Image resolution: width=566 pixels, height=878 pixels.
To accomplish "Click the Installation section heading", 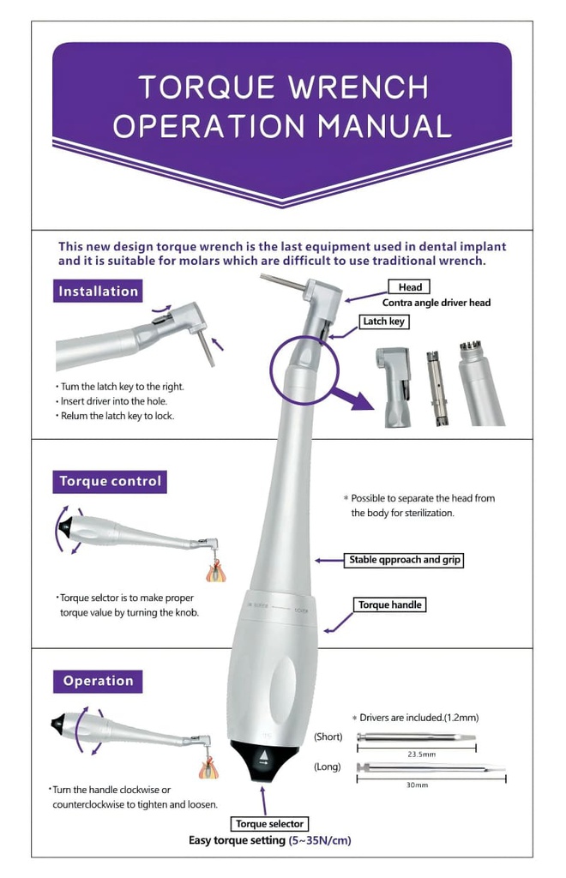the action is point(98,292).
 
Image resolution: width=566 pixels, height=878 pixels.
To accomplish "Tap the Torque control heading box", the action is point(110,482).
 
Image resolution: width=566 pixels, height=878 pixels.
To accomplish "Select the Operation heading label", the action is point(98,682).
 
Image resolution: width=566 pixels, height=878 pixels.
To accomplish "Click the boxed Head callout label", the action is point(410,287).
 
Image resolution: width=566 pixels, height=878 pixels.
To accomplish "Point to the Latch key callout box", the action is point(383,322).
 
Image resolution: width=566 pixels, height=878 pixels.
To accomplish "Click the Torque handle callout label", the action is point(389,604).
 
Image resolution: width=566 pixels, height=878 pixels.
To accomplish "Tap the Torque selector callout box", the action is point(269,824).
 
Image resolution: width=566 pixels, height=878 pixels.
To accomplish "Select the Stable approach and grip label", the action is point(404,560).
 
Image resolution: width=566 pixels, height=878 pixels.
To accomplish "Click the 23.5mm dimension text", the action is point(422,755).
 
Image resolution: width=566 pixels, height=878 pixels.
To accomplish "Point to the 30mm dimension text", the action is point(417,785).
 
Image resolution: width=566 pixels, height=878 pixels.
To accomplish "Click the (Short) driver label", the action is point(328,737).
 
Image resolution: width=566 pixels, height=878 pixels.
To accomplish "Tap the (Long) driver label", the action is point(328,767).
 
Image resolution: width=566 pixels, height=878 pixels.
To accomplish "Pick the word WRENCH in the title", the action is point(358,87).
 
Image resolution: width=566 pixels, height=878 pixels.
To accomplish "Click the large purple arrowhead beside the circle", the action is point(358,401).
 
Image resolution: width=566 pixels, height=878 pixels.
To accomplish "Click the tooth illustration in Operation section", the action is point(208,768).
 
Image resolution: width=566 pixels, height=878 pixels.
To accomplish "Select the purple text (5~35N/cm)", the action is point(320,840).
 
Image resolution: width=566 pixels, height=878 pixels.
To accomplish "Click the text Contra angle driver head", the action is point(437,303).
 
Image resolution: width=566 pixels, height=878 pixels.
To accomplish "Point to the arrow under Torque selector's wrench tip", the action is point(263,801).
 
